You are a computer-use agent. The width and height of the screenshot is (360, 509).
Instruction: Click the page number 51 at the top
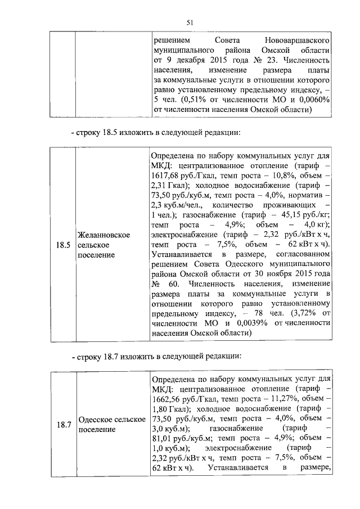190,22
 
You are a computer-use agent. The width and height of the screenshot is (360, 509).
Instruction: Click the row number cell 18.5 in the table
63,245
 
